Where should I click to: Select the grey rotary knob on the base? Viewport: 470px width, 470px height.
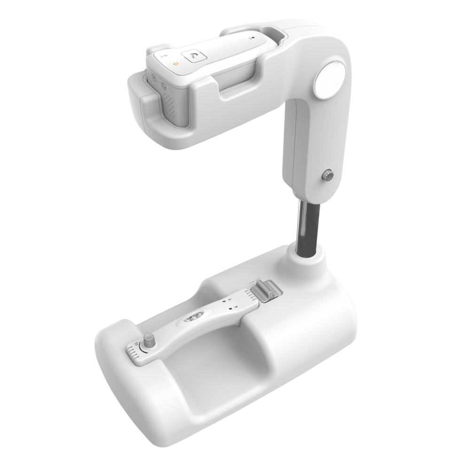[x=150, y=340]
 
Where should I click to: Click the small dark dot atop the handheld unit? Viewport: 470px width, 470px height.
[x=252, y=36]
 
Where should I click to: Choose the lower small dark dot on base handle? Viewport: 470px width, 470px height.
[x=231, y=309]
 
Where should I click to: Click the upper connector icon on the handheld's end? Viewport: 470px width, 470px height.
[x=154, y=78]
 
